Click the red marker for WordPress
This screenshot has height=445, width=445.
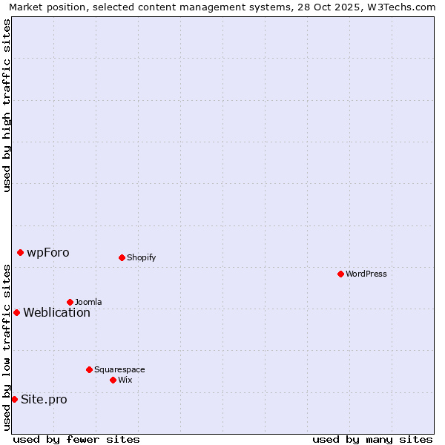(x=340, y=274)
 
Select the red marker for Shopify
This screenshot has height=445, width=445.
(x=122, y=257)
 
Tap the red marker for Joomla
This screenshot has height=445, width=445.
(x=70, y=302)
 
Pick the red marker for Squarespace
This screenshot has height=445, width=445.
(x=89, y=369)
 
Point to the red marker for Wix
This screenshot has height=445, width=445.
(x=113, y=380)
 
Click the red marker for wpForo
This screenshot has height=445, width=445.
(x=20, y=252)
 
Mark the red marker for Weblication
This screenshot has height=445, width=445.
(x=16, y=312)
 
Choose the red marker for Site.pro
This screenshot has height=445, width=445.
(x=14, y=399)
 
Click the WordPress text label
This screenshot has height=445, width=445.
(x=366, y=274)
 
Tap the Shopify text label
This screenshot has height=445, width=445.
(x=141, y=257)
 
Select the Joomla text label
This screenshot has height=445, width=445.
(x=88, y=302)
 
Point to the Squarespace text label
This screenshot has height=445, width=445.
(x=119, y=369)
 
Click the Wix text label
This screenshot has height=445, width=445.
(x=125, y=380)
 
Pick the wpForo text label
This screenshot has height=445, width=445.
(x=48, y=252)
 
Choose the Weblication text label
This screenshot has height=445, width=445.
(x=56, y=312)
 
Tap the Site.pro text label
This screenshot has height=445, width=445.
(x=44, y=399)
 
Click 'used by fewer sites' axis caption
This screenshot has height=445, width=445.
(x=76, y=439)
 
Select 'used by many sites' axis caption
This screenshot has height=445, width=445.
(x=372, y=439)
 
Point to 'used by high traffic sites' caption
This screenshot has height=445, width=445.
(x=7, y=105)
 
